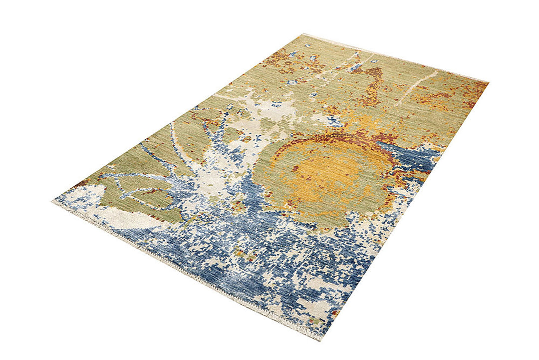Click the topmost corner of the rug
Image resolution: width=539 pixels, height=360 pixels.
coord(303,34)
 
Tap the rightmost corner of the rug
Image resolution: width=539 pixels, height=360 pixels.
coord(488,82)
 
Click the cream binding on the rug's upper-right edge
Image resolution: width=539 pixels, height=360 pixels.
coord(399,58)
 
